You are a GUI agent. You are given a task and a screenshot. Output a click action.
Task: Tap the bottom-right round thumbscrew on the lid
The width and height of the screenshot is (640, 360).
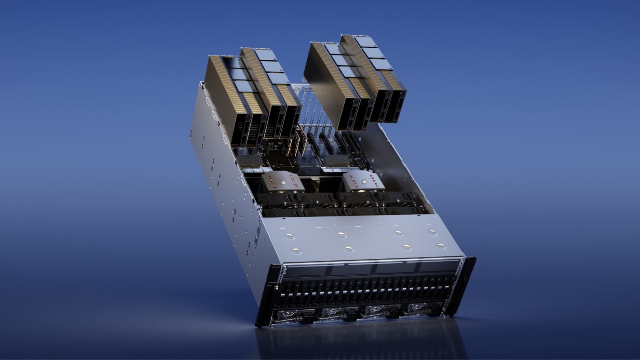pos(441,246)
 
